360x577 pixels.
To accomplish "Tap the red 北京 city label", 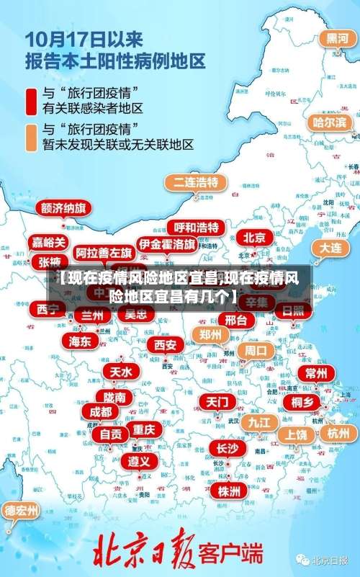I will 254,237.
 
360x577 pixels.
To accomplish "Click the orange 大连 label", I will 330,247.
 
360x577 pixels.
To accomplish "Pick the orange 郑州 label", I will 211,334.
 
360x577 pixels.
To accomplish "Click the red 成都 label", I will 101,412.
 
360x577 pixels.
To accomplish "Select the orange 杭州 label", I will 338,433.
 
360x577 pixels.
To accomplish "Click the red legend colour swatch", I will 31,102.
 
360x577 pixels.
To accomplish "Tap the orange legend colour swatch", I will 31,137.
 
